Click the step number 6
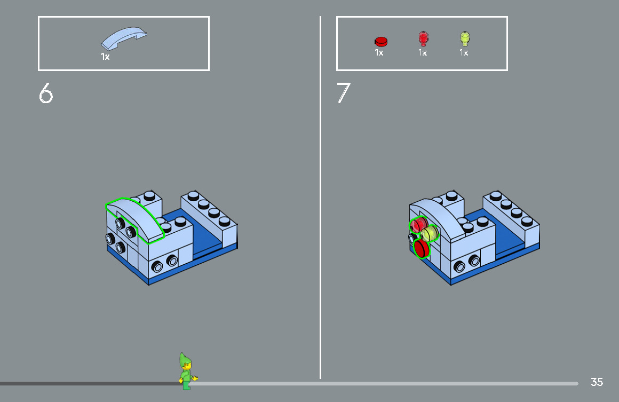pos(46,93)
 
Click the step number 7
pos(343,93)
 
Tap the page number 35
pos(597,382)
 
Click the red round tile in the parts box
pos(380,41)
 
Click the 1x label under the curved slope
pos(106,56)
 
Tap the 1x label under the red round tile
pos(379,53)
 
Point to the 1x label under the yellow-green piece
pos(464,53)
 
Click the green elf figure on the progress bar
pos(186,371)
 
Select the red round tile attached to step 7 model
pos(422,249)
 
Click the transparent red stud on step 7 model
pos(418,224)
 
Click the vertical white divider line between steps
pos(321,214)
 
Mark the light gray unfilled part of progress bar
pos(384,383)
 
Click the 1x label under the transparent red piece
pos(423,53)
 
